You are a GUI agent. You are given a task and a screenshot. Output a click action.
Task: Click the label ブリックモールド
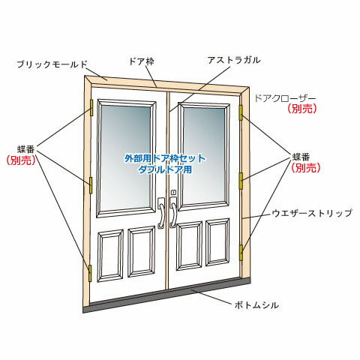52,64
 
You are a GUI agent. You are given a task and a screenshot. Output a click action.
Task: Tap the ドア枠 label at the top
142,61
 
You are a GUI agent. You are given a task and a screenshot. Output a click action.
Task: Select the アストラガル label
234,60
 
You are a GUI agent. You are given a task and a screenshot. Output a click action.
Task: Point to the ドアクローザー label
285,98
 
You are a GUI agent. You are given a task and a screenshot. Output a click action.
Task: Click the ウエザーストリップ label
312,213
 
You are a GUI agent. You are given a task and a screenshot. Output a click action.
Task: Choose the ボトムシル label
256,305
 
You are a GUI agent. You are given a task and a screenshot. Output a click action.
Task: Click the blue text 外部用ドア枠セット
165,158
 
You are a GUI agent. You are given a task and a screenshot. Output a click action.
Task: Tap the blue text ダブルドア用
165,169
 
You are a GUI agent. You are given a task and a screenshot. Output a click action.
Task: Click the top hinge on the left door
91,107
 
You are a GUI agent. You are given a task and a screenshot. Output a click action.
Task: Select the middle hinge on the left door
91,185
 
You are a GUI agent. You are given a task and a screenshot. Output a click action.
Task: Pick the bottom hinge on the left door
90,274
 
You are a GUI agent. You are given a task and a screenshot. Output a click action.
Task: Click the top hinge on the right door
241,112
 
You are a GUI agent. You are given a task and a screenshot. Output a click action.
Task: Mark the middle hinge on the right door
241,181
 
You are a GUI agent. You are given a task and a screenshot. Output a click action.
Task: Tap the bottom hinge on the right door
241,253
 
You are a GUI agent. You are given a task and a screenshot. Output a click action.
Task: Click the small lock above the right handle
173,192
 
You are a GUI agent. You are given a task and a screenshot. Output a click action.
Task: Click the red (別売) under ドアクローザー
302,109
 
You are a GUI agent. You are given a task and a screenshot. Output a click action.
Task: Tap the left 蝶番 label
26,149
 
